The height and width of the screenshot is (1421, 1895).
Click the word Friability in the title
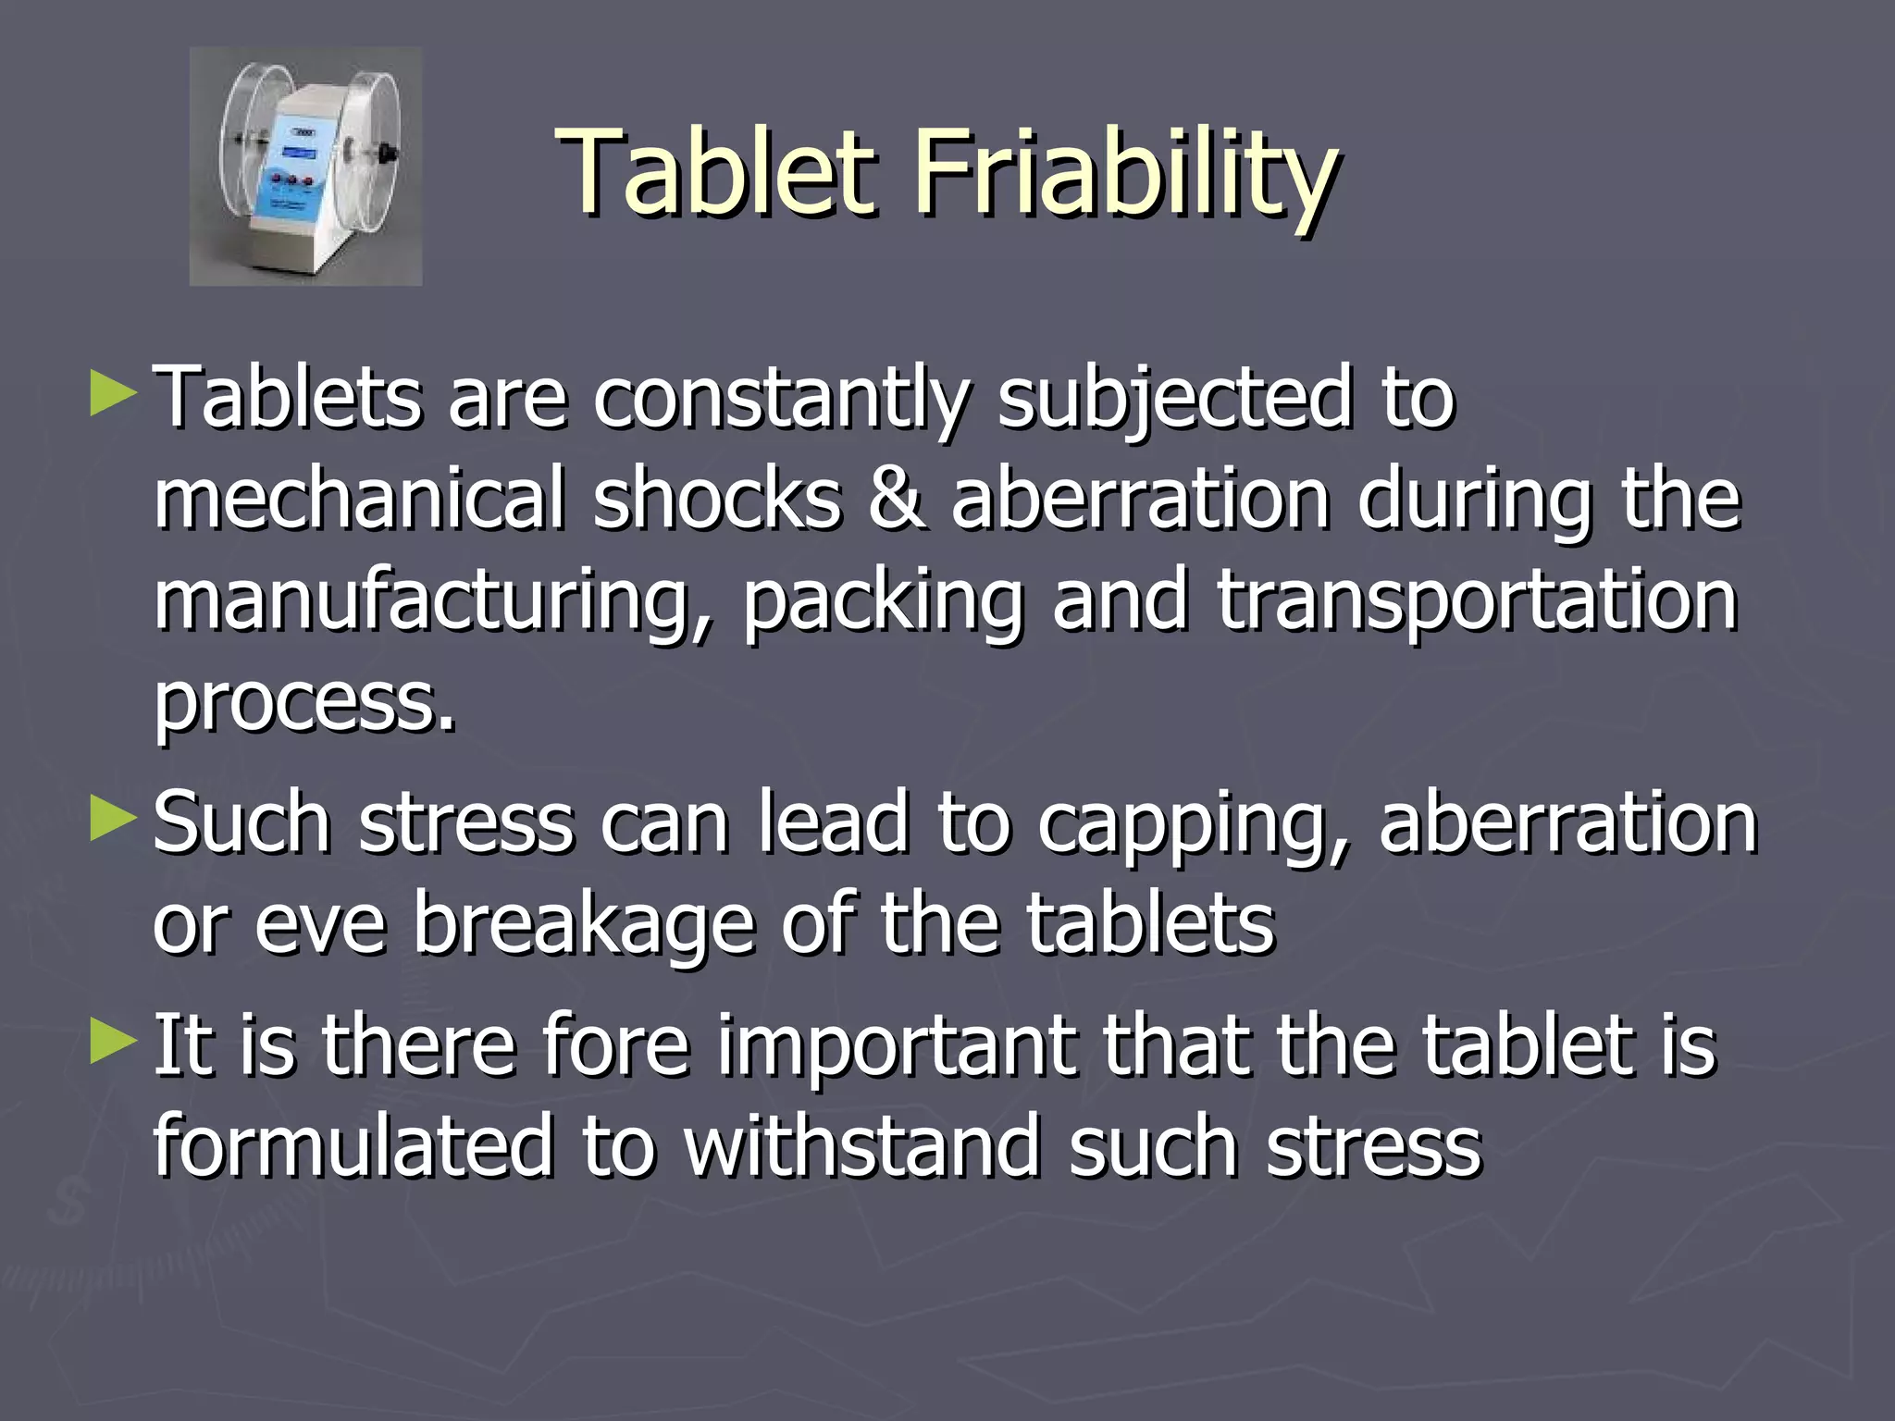point(1125,176)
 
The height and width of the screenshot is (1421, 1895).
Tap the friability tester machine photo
point(305,167)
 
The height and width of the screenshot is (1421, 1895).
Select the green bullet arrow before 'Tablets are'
point(114,393)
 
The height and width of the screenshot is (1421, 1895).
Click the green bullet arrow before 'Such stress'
point(114,818)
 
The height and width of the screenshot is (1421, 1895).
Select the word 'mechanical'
point(359,500)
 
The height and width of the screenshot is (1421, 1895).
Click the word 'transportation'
point(1477,601)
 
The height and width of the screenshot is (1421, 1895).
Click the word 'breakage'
point(583,925)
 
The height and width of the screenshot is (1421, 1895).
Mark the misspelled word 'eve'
point(319,925)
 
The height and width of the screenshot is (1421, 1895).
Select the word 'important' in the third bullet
point(897,1047)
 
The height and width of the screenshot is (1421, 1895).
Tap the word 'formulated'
point(352,1147)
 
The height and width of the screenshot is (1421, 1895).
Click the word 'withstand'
point(861,1147)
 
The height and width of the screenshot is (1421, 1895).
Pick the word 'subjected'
point(1175,400)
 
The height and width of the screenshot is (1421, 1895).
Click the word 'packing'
point(884,601)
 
